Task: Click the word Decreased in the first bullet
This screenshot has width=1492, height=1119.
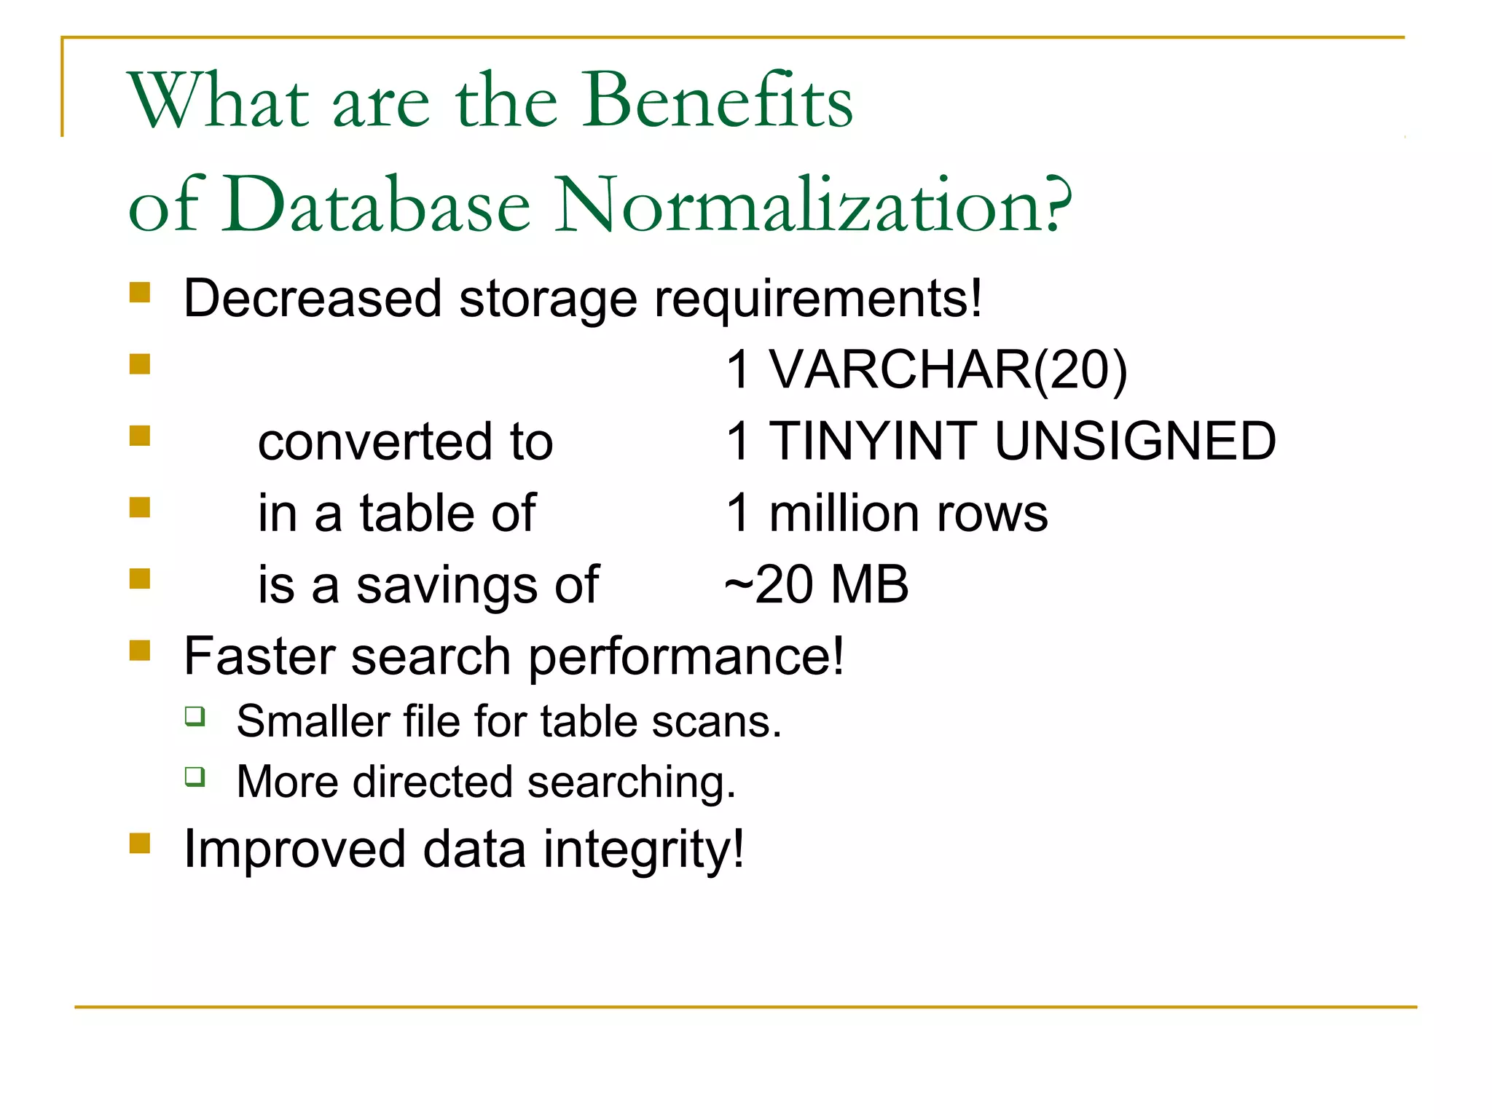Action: coord(313,299)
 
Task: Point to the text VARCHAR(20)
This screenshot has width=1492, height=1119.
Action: coord(948,370)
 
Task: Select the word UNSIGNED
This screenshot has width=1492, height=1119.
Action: coord(1135,441)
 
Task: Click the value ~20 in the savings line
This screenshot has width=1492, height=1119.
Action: coord(769,585)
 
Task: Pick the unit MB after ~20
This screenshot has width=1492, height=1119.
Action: coord(870,585)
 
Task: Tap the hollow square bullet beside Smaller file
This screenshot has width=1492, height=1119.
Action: coord(195,716)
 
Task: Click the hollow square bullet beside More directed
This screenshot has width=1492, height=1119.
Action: coord(195,777)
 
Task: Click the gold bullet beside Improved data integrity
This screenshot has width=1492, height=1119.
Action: coord(140,843)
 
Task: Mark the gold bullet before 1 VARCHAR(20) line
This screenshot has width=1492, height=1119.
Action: coord(140,364)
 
